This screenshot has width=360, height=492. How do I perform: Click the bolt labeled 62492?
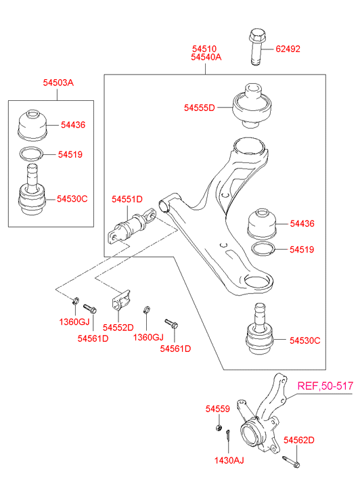(256, 47)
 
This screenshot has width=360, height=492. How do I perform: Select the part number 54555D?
(200, 108)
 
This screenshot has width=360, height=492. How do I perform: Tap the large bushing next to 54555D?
(252, 106)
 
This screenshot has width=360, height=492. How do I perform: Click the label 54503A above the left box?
(58, 83)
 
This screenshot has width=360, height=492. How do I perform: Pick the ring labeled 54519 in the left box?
(31, 154)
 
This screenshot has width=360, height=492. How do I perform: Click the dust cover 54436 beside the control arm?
(262, 223)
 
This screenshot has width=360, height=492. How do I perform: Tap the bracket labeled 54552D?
(121, 300)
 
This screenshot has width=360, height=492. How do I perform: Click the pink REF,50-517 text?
(325, 386)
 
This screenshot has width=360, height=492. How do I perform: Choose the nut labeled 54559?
(219, 427)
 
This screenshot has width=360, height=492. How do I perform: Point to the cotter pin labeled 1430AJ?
(228, 435)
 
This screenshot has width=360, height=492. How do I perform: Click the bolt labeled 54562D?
(291, 462)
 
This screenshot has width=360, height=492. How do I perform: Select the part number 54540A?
(206, 57)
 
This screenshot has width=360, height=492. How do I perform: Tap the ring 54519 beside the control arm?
(263, 249)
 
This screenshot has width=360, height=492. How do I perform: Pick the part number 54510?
(204, 49)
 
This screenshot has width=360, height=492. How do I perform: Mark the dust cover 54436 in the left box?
(32, 125)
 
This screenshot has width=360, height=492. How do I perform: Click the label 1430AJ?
(229, 460)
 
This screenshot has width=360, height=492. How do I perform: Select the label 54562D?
(299, 440)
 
